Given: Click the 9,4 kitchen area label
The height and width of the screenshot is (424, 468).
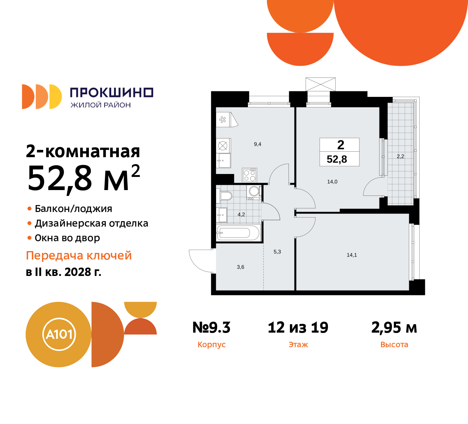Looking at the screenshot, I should [257, 144].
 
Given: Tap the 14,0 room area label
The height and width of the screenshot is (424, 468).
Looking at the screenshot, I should [332, 182].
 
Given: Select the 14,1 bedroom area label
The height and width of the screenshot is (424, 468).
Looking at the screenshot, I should [352, 255].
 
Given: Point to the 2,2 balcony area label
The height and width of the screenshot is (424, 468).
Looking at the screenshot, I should [400, 156].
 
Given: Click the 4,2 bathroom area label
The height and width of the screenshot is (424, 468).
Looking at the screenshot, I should [241, 215].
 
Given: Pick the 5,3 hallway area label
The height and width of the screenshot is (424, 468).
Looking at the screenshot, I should [277, 252].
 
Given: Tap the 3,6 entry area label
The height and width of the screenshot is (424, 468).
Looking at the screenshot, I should [241, 267].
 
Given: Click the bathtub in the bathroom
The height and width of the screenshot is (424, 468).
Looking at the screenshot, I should [238, 232].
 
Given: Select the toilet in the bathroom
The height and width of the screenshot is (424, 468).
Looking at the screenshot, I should [225, 196].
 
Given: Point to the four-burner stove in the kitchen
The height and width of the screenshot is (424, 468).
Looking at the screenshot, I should [250, 175].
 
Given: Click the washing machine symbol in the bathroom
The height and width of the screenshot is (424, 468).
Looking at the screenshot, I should [254, 192].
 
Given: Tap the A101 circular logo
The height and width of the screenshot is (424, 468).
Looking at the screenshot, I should [59, 334].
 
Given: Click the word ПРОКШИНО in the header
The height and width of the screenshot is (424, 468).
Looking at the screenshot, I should [112, 92].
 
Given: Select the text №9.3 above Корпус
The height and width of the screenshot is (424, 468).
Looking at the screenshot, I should [211, 328].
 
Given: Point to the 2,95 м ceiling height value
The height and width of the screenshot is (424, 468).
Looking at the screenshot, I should [394, 328].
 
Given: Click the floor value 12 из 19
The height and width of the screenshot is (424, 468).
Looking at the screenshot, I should [298, 328].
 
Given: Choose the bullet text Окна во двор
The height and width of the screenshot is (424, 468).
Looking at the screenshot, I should [67, 238].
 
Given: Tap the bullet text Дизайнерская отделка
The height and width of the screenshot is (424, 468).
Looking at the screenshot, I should [91, 223].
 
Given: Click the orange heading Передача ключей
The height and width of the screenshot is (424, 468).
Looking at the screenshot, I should [79, 255].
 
